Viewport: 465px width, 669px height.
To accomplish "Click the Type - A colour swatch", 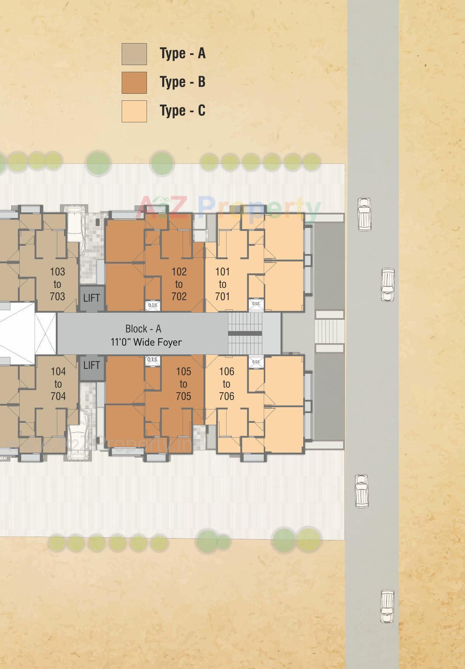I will [134, 54].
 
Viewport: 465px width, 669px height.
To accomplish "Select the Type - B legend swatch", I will [134, 83].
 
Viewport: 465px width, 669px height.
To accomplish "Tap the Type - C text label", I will [182, 111].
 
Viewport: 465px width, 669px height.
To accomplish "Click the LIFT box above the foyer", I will [92, 298].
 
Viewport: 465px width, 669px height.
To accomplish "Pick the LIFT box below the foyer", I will [92, 366].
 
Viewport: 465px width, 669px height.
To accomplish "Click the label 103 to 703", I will [57, 284].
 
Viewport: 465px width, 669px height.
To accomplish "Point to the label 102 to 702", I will [179, 284].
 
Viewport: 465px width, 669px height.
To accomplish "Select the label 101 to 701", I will [222, 284].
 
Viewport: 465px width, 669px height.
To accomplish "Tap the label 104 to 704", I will [58, 384].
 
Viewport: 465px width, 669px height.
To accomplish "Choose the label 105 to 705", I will [183, 384].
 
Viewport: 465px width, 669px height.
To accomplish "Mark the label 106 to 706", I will [227, 384].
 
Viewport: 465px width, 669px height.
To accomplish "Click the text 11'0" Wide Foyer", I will [146, 342].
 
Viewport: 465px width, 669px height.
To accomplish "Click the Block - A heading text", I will [143, 329].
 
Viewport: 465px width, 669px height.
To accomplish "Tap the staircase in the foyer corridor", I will [245, 333].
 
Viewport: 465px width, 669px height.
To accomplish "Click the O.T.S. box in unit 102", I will [153, 305].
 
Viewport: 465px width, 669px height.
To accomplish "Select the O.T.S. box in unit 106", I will [256, 362].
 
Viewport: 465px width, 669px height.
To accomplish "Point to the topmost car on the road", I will [364, 214].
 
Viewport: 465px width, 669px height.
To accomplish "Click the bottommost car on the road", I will [387, 606].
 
